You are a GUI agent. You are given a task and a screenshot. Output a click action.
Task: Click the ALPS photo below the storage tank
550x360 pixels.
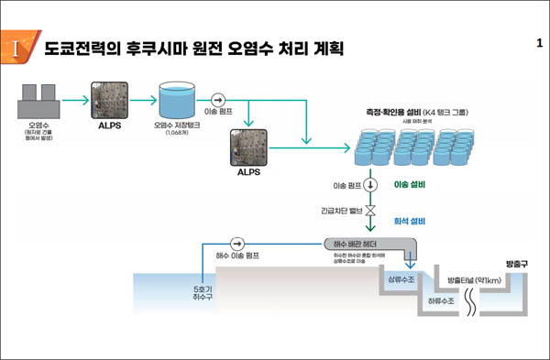point(248,145)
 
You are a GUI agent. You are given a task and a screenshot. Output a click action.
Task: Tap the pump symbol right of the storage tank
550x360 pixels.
point(218,99)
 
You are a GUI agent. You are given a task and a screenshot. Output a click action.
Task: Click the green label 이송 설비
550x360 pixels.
point(409,184)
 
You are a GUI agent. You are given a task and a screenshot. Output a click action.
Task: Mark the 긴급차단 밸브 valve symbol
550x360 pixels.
point(371,210)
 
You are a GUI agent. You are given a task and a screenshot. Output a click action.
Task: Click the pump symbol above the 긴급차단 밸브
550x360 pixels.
point(371,184)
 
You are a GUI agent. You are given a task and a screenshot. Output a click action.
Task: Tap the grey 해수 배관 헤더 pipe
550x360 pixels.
point(367,244)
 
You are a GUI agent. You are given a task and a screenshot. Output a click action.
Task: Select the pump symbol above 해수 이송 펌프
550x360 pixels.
point(237,244)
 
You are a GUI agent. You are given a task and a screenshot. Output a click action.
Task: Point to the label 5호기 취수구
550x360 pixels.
point(201,290)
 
